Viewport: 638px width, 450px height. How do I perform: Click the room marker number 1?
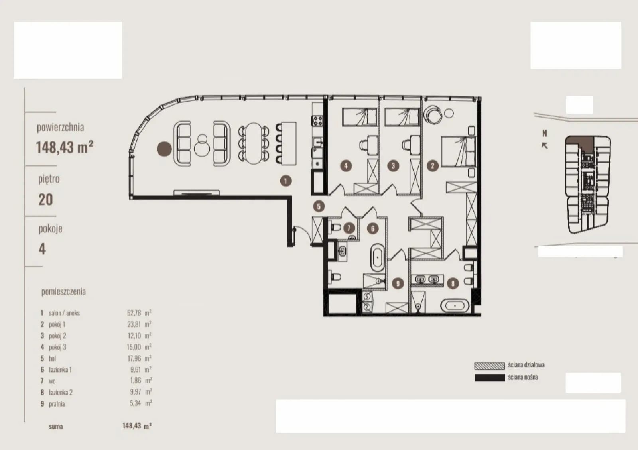pyautogui.click(x=286, y=181)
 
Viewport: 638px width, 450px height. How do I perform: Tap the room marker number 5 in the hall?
pyautogui.click(x=319, y=206)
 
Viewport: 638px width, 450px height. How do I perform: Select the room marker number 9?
pyautogui.click(x=398, y=283)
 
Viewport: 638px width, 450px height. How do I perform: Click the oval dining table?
pyautogui.click(x=254, y=143)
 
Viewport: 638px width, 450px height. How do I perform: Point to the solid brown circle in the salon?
pyautogui.click(x=164, y=149)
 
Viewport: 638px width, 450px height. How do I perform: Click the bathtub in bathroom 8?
pyautogui.click(x=455, y=306)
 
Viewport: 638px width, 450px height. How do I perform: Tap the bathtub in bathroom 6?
pyautogui.click(x=377, y=257)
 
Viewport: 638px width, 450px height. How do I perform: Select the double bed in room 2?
pyautogui.click(x=458, y=151)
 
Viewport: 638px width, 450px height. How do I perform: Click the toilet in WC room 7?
pyautogui.click(x=335, y=228)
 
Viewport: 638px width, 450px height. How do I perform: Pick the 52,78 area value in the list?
pyautogui.click(x=134, y=313)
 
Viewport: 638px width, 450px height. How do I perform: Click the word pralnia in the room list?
pyautogui.click(x=57, y=404)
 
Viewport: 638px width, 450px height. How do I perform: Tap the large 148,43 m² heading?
pyautogui.click(x=65, y=147)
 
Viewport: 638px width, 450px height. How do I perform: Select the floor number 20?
pyautogui.click(x=45, y=200)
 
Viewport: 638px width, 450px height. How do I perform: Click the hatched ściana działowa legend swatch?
pyautogui.click(x=490, y=366)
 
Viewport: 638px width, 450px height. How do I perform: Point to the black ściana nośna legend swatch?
pyautogui.click(x=490, y=378)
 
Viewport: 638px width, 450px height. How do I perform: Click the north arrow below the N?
pyautogui.click(x=544, y=146)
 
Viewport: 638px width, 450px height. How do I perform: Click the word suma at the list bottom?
pyautogui.click(x=56, y=426)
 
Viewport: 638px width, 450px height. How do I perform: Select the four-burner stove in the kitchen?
pyautogui.click(x=317, y=120)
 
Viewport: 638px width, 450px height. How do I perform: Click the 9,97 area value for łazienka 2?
pyautogui.click(x=136, y=392)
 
